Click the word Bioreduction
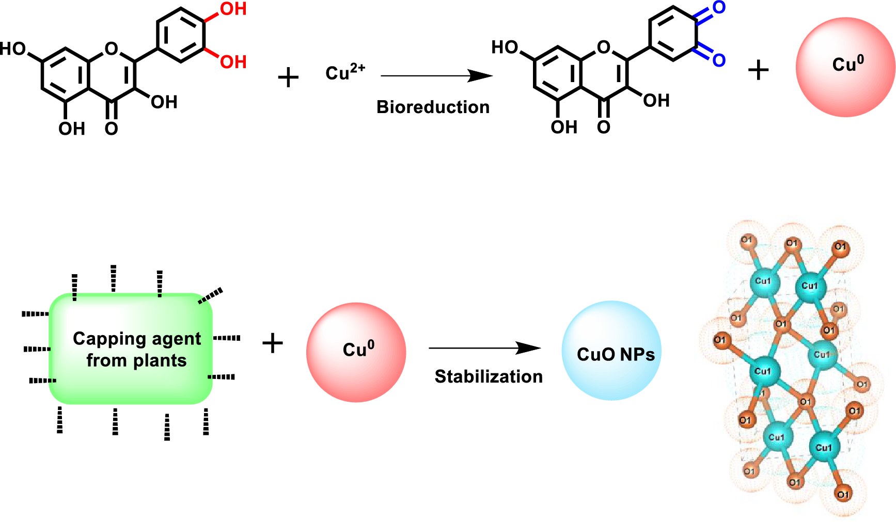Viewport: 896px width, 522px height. click(x=433, y=107)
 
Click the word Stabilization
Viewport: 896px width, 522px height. click(x=488, y=376)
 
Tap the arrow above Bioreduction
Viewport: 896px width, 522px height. click(x=436, y=76)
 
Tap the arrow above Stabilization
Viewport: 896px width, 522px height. click(x=484, y=348)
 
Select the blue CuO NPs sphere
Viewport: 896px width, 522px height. click(x=611, y=351)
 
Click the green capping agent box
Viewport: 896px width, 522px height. click(x=131, y=349)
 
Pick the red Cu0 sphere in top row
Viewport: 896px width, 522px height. click(x=845, y=67)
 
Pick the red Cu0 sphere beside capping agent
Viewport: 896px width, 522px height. click(x=356, y=352)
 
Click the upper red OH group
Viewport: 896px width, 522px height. click(x=233, y=9)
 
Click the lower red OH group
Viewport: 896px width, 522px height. click(x=233, y=62)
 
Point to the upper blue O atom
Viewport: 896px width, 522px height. click(x=719, y=8)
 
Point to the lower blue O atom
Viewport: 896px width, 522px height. click(x=719, y=60)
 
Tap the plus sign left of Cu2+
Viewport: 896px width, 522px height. click(x=288, y=78)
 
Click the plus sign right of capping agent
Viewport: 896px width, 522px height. click(x=273, y=343)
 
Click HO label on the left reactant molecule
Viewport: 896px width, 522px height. click(x=13, y=49)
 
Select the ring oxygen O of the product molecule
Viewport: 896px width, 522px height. click(x=603, y=48)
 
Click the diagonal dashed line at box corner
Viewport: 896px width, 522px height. click(x=211, y=296)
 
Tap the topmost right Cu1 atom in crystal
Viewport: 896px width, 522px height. click(x=809, y=286)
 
